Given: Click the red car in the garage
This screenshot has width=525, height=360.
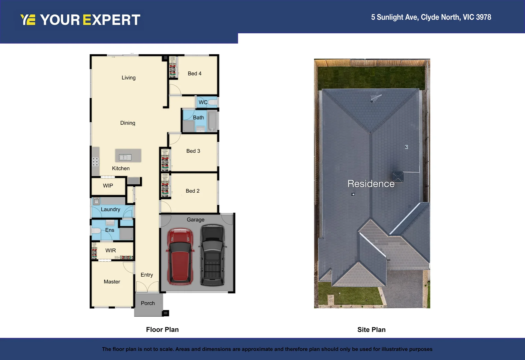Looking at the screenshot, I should pos(180,256).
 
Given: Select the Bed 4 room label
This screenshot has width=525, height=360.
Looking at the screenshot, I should pos(194,74).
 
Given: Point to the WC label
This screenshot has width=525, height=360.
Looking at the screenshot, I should pos(203,102).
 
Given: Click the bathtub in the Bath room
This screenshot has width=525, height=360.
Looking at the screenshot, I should pos(212,121).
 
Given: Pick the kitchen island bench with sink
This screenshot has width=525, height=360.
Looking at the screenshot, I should pos(128,156).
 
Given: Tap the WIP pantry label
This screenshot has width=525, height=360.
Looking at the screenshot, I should pos(108,186).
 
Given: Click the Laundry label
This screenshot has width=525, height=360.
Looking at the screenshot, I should pos(110,209).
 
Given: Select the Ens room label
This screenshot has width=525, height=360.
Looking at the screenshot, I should pos(109,230).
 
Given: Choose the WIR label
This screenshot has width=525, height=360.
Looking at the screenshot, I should pos(111,250).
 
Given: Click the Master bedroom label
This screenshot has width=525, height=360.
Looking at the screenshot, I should pos(112,282).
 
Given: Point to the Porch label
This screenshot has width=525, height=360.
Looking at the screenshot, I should pos(148,303).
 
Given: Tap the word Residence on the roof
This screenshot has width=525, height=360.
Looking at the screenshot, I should pos(371,184).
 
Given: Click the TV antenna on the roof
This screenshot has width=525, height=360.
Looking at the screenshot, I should pos(375,98).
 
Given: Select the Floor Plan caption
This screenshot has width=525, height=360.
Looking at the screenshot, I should pos(162,330).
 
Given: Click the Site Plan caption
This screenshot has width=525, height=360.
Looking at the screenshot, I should pos(371,330).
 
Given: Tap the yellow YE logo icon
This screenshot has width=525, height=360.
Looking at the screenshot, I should pos(28,20).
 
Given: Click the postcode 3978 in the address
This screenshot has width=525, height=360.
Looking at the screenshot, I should pos(483,17).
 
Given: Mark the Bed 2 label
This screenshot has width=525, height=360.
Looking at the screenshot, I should pos(192,191).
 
